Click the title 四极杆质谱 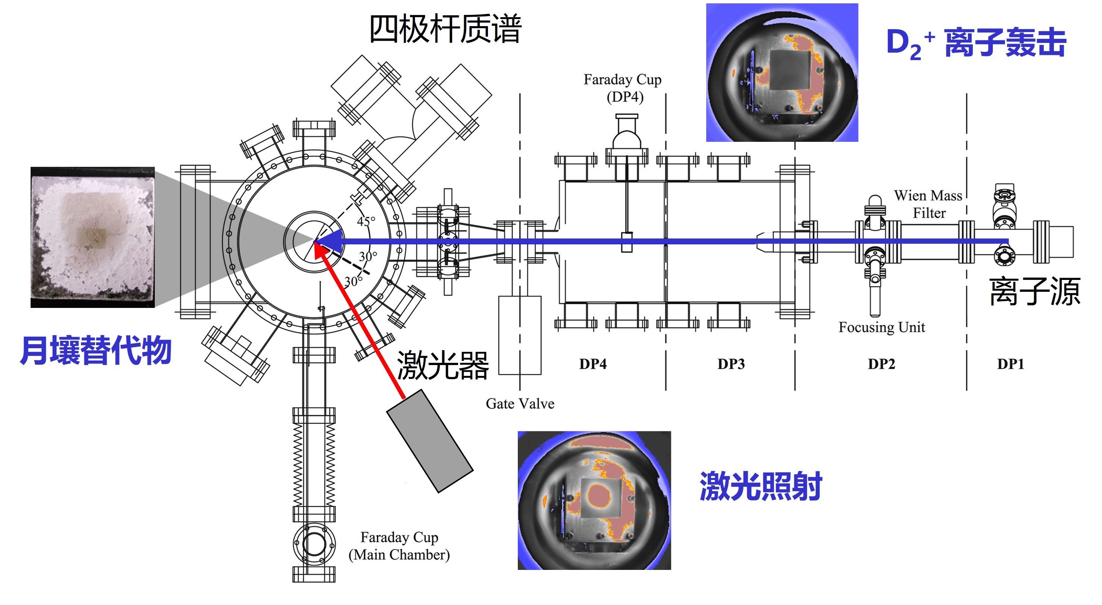(x=445, y=29)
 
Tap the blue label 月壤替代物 (x=96, y=350)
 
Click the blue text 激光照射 (x=761, y=486)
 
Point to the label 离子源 (x=1034, y=292)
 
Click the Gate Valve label (x=520, y=403)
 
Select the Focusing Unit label (x=881, y=327)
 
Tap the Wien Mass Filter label (x=928, y=204)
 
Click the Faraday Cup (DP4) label (x=623, y=88)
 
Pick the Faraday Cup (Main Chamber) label (x=399, y=546)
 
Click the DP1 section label (x=1011, y=364)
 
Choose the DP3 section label (x=731, y=364)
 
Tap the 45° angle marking (x=366, y=221)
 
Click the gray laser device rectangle (x=429, y=441)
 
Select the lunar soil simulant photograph (x=93, y=237)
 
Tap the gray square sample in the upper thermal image (x=790, y=70)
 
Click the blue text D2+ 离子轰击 (x=976, y=43)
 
